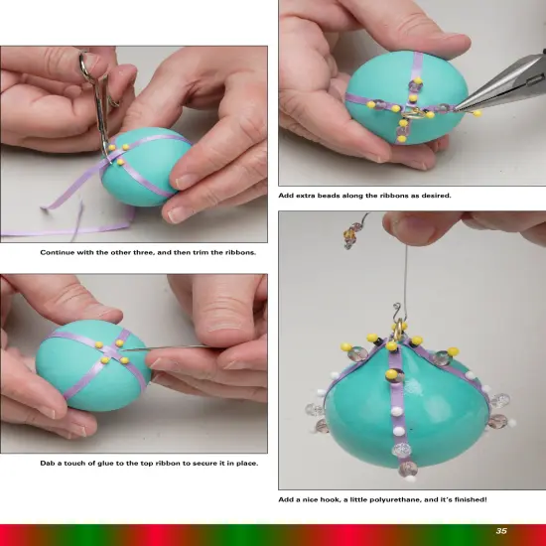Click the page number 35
(501, 531)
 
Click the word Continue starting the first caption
(58, 252)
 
